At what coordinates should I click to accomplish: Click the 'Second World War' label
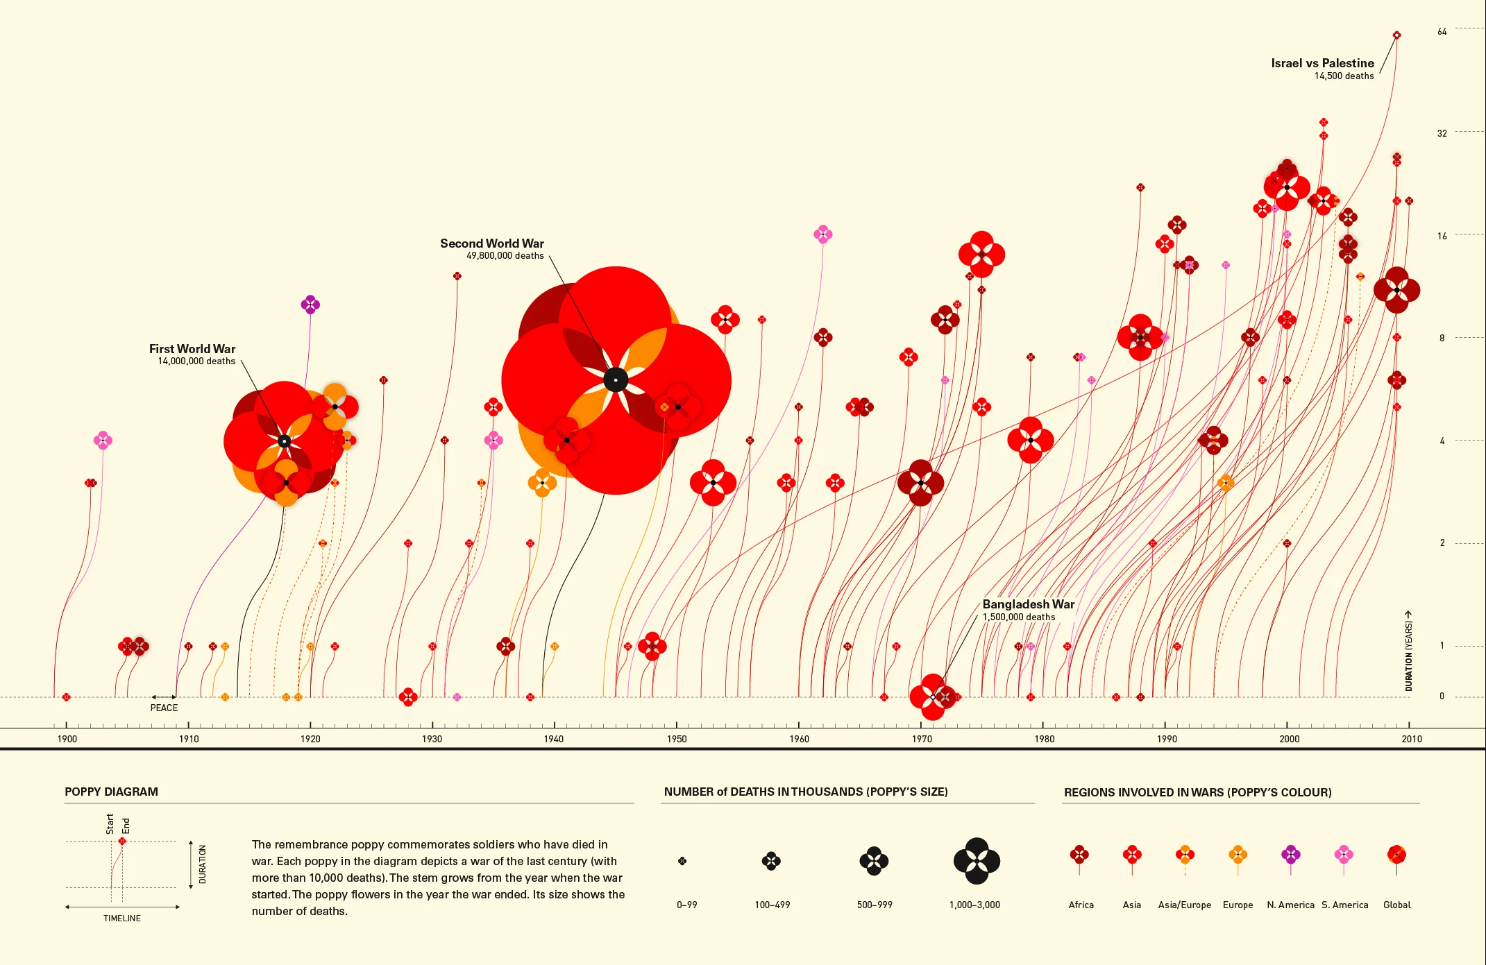pos(491,244)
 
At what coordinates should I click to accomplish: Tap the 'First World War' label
pos(192,349)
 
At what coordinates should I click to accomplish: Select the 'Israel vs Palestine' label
pos(1322,63)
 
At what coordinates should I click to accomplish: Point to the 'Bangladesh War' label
pos(1028,604)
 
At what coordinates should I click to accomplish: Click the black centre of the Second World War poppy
pos(616,379)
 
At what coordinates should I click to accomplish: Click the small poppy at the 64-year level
pos(1396,35)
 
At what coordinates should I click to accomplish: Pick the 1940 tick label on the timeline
pos(554,739)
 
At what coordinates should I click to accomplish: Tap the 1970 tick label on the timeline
pos(922,739)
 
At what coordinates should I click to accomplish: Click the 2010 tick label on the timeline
pos(1411,739)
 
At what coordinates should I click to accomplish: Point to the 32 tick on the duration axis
pos(1442,133)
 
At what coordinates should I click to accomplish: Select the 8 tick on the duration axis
pos(1442,338)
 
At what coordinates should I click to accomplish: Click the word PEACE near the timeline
pos(164,708)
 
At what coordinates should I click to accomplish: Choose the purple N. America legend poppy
pos(1290,854)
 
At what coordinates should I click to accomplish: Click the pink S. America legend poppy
pos(1344,854)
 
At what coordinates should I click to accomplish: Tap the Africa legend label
pos(1081,905)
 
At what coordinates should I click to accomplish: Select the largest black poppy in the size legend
pos(977,861)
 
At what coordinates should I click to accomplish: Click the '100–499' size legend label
pos(772,905)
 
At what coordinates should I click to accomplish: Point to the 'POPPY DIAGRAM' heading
pos(111,792)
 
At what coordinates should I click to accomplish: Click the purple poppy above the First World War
pos(310,304)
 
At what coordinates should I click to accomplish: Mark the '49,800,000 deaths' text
pos(505,256)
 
